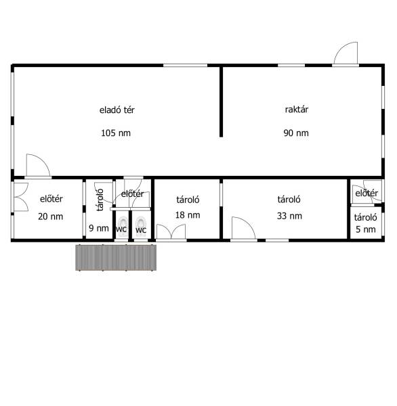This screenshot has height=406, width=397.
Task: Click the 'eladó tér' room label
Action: (x=117, y=110)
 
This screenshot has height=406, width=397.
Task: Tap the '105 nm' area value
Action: (x=116, y=133)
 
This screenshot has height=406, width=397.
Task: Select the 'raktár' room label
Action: (x=297, y=109)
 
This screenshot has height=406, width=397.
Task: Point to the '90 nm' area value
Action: (x=296, y=133)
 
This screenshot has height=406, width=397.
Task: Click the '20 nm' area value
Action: (x=51, y=217)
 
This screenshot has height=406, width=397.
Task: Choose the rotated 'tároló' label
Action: (x=100, y=200)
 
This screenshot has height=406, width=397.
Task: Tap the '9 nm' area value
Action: (x=99, y=228)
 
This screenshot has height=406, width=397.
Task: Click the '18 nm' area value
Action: (x=188, y=215)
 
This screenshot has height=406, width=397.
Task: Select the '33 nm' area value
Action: (x=289, y=216)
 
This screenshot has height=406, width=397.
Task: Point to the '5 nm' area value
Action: (x=366, y=229)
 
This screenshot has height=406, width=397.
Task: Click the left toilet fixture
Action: (x=123, y=226)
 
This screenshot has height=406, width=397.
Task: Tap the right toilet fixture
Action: (x=140, y=226)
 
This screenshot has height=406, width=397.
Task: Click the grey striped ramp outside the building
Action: (x=116, y=258)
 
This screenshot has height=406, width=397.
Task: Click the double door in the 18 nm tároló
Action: (x=171, y=231)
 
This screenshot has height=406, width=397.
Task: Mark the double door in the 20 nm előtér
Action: (x=21, y=198)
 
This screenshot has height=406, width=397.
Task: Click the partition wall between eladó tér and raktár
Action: (x=221, y=101)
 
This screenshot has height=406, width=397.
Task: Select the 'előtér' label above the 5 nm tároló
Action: (x=367, y=193)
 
